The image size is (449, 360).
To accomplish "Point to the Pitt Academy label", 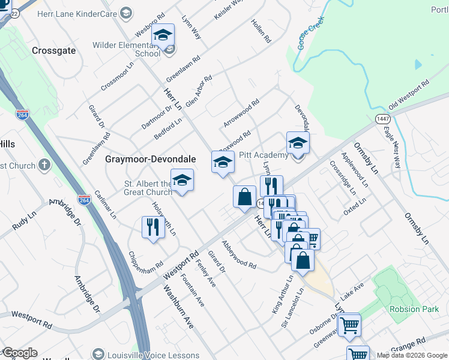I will (264, 155).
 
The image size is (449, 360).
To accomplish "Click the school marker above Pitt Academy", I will (298, 143).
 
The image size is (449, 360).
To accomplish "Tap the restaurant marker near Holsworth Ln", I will (152, 227).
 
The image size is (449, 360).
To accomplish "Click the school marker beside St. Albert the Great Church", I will (182, 181).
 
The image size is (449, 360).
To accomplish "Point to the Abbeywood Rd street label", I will (239, 254).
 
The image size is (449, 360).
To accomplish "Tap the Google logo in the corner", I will (20, 353).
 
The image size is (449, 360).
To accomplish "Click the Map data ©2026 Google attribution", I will (412, 355).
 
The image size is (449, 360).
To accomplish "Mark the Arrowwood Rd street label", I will (241, 112).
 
